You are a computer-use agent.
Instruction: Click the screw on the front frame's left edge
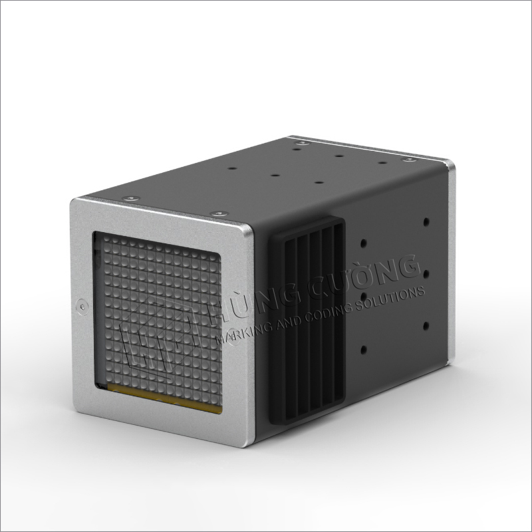pyautogui.click(x=82, y=307)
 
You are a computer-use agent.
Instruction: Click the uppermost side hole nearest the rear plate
pyautogui.click(x=426, y=223)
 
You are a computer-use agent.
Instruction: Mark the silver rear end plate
pyautogui.click(x=452, y=266)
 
